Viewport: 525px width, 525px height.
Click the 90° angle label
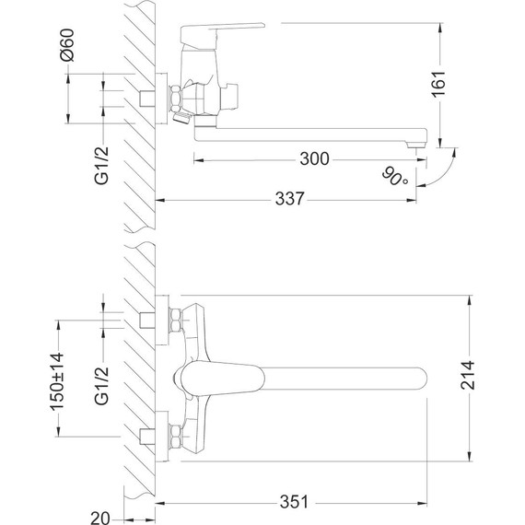(x=396, y=176)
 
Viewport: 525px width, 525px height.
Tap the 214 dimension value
(x=470, y=374)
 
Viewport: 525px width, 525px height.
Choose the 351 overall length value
(x=293, y=503)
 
